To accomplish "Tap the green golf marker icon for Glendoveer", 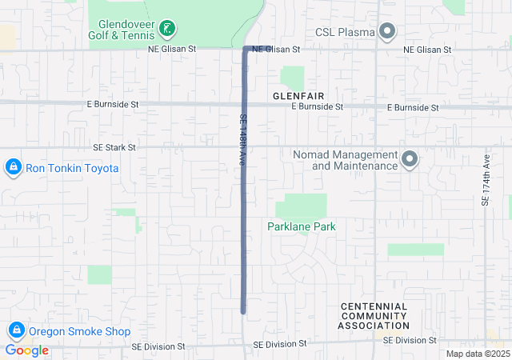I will (167, 30).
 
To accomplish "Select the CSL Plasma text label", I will (345, 32).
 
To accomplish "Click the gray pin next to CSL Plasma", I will (387, 32).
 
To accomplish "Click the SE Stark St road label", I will (114, 147).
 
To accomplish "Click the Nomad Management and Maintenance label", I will (355, 160).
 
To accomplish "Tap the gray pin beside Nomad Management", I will (410, 159).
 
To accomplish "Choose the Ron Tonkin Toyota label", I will (72, 168).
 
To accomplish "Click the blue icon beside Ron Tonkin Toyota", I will (13, 168).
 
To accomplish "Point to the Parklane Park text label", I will (302, 226).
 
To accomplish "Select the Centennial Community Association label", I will (374, 316).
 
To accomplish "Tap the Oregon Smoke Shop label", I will (79, 331).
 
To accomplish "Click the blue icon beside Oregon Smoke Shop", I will (16, 330).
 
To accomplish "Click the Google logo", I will (27, 350).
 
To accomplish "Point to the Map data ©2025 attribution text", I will (478, 354).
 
